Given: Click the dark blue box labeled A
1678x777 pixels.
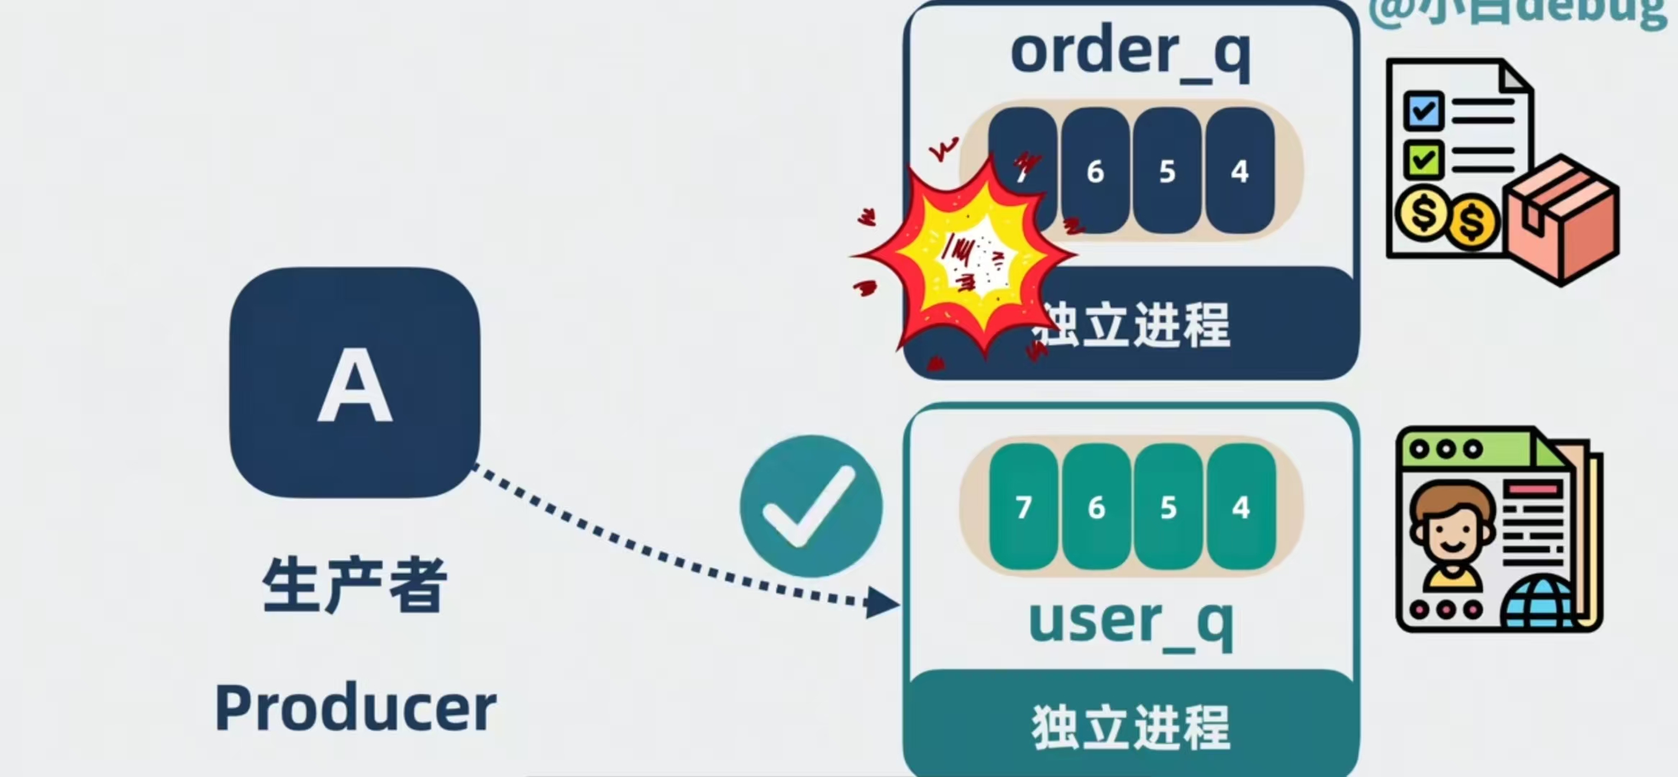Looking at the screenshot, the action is tap(355, 383).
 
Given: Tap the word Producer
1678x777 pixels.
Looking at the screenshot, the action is tap(355, 708).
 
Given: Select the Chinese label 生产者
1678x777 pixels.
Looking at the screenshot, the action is tap(355, 584).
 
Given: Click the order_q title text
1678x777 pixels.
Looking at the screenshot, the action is tap(1130, 52).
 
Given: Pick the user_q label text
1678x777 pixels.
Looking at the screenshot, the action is tap(1130, 622).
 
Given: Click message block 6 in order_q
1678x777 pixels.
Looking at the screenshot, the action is tap(1095, 171).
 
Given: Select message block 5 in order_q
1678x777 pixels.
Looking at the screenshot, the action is tap(1167, 171).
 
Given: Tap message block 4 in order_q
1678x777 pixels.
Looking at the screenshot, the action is tap(1239, 171).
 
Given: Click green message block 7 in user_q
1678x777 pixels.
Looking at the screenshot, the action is tap(1023, 507).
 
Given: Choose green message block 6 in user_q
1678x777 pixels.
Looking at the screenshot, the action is tap(1095, 507).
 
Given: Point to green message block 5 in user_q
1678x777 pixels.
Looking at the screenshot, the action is tap(1168, 507).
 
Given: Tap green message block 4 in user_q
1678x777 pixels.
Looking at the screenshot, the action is tap(1241, 507).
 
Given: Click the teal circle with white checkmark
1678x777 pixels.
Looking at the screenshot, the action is tap(811, 506).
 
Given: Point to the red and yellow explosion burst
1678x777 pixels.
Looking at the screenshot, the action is tap(967, 259).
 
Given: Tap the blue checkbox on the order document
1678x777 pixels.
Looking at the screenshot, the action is tap(1423, 110).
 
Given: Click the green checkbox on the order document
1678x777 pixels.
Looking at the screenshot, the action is tap(1423, 159).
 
